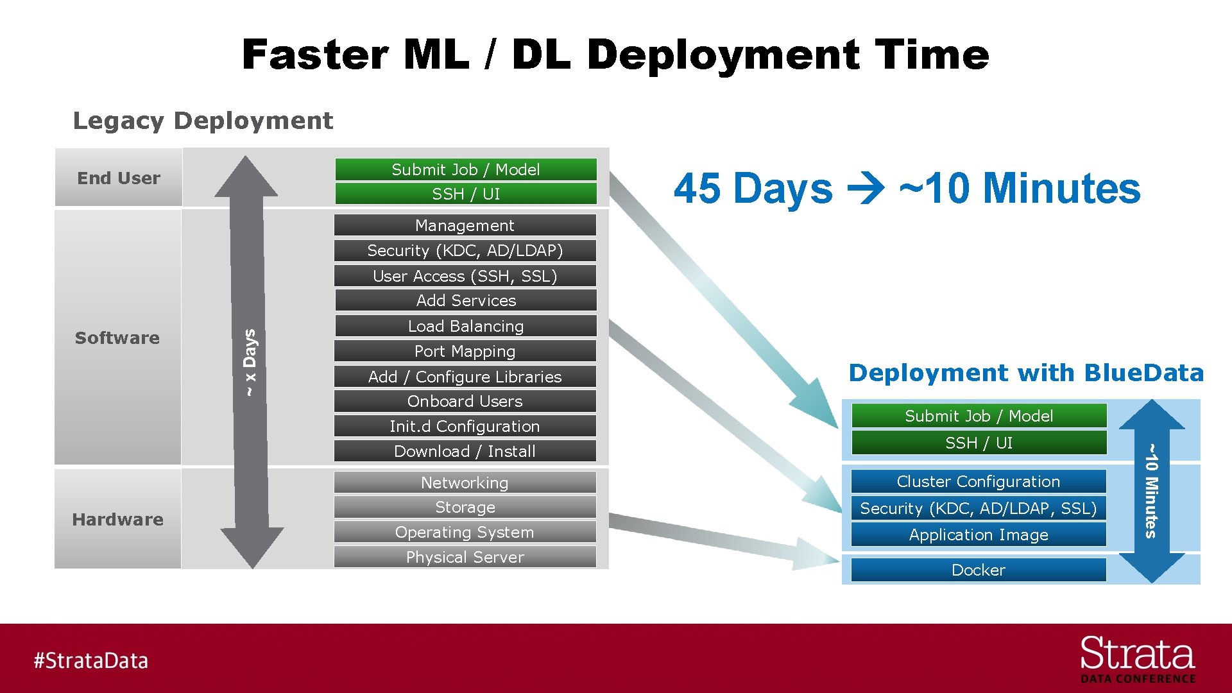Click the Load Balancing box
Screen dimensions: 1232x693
(x=465, y=326)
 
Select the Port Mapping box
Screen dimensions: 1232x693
(x=465, y=351)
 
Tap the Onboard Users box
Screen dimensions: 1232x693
(x=465, y=401)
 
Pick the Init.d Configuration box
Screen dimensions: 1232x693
(x=465, y=426)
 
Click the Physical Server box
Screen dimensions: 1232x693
(x=465, y=557)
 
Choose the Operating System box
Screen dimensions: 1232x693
(x=465, y=532)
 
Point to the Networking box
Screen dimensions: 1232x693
(x=465, y=483)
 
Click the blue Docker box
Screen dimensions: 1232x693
(x=978, y=570)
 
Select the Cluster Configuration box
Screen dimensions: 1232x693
(x=978, y=481)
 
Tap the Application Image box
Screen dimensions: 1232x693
(x=978, y=535)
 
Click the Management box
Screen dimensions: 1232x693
(x=465, y=225)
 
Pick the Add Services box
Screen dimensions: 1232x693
(x=465, y=300)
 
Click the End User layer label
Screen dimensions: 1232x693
(x=119, y=178)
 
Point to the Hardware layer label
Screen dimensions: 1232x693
(x=118, y=519)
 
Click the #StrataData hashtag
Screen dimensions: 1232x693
(x=91, y=660)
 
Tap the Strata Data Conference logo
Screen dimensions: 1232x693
(x=1137, y=660)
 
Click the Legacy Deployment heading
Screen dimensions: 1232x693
(x=203, y=121)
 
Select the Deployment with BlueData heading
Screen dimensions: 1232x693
(x=1025, y=373)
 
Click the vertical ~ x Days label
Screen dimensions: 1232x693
(x=250, y=363)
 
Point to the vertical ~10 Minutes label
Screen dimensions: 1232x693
(x=1151, y=491)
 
